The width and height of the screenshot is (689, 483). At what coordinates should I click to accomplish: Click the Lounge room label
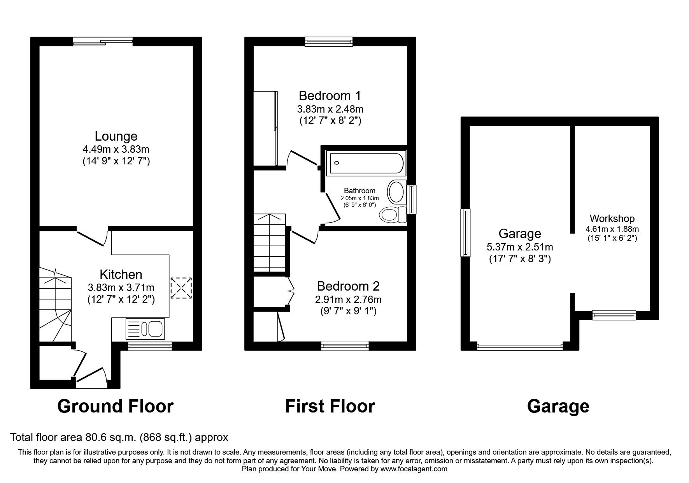tap(116, 136)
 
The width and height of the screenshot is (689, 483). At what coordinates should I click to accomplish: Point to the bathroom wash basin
tap(396, 191)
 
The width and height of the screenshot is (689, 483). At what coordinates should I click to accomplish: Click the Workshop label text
tap(612, 219)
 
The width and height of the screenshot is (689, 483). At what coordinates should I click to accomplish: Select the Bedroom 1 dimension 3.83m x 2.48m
tap(330, 109)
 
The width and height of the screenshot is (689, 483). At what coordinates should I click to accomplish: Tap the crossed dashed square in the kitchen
tap(181, 288)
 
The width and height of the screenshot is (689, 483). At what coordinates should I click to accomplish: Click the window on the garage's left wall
tap(465, 233)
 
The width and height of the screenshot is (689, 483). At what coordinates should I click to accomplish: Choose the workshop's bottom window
tap(614, 315)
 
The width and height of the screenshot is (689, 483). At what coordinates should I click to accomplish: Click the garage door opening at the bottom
tap(520, 346)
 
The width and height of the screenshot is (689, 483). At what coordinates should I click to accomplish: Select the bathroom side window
tap(411, 199)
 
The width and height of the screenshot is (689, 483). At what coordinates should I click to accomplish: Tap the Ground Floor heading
tap(115, 406)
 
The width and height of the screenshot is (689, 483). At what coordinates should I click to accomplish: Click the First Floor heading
tap(330, 406)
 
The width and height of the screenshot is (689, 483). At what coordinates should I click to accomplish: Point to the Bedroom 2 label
tap(348, 286)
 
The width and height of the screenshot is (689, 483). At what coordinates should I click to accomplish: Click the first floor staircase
tap(269, 243)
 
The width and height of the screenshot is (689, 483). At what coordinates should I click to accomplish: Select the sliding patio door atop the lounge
tap(103, 41)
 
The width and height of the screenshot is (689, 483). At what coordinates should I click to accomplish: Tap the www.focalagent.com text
tap(414, 469)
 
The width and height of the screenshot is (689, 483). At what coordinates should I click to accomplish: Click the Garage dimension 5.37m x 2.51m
tap(520, 247)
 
